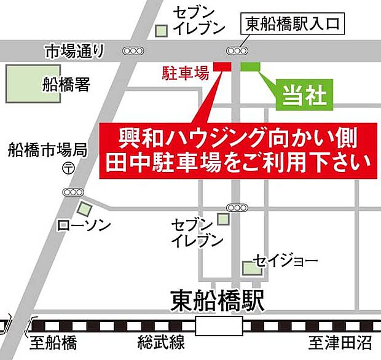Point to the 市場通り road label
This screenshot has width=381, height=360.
74,51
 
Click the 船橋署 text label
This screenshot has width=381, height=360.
66,84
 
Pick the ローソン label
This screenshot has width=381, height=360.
84,226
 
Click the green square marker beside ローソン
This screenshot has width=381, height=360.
82,209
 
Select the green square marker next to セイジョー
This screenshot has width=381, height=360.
249,268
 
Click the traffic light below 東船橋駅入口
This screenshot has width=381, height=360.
238,50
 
